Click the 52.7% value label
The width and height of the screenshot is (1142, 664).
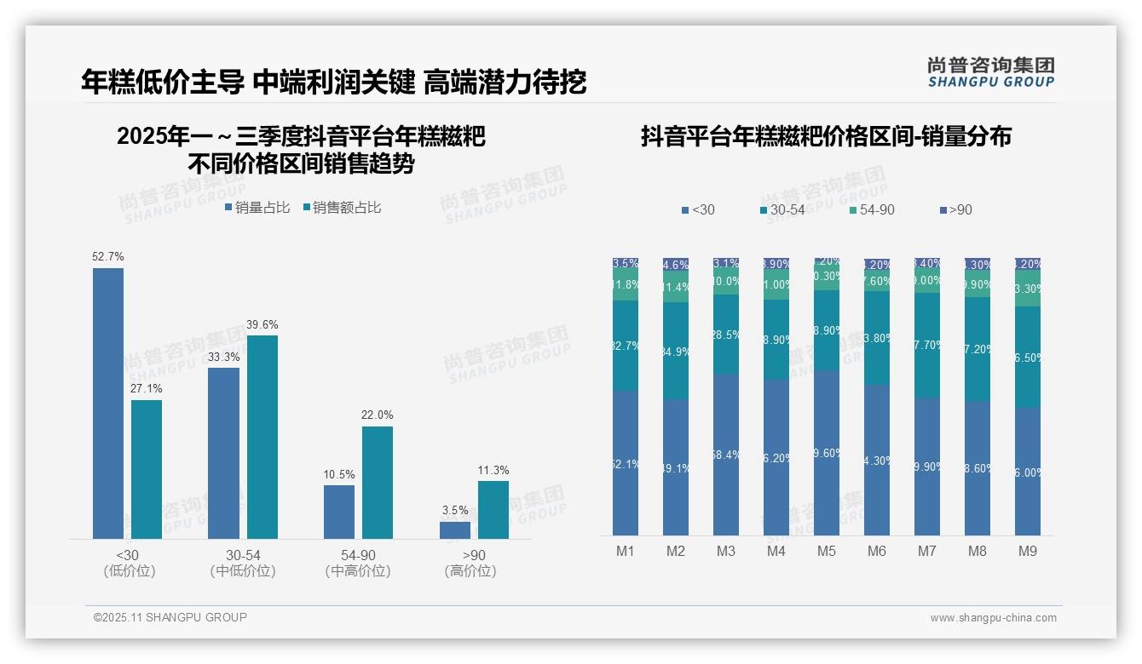pyautogui.click(x=108, y=256)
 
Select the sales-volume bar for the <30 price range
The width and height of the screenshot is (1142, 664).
pyautogui.click(x=108, y=404)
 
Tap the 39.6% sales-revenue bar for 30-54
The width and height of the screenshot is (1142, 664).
pyautogui.click(x=262, y=437)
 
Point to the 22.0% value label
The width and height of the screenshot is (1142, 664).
pyautogui.click(x=378, y=415)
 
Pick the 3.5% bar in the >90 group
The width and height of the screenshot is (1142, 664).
pyautogui.click(x=455, y=529)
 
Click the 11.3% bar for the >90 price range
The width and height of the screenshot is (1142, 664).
pyautogui.click(x=493, y=509)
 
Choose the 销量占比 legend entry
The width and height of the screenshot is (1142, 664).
pyautogui.click(x=257, y=208)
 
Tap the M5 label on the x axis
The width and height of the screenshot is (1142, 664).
pyautogui.click(x=827, y=551)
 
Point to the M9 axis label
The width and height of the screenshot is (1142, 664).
pyautogui.click(x=1028, y=551)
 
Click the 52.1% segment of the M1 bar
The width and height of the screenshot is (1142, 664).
pyautogui.click(x=626, y=463)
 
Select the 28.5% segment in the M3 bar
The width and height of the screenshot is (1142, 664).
pyautogui.click(x=726, y=335)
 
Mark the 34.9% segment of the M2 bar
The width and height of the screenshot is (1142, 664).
pyautogui.click(x=676, y=351)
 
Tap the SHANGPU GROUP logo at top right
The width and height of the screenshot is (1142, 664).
pyautogui.click(x=990, y=72)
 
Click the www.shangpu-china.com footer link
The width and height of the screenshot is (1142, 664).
pyautogui.click(x=993, y=618)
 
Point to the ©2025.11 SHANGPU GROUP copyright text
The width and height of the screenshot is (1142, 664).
pyautogui.click(x=170, y=617)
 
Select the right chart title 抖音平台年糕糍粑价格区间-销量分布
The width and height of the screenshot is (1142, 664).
pyautogui.click(x=826, y=137)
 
